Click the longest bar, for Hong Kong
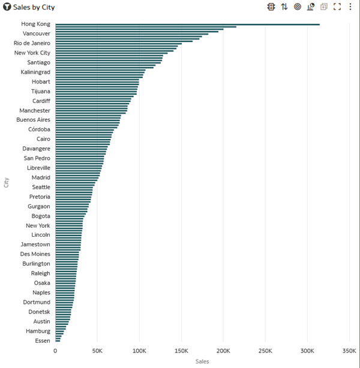[187, 25]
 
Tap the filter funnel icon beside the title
[7, 7]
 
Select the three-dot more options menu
[350, 7]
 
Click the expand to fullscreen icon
[337, 7]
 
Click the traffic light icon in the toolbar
[271, 7]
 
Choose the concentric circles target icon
[298, 7]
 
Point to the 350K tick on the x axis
[349, 351]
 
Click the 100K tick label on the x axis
[139, 351]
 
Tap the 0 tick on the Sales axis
[55, 351]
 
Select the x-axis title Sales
[202, 361]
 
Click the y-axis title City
[7, 182]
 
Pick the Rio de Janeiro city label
[32, 43]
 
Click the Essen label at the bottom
[43, 340]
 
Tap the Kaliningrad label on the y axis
[35, 72]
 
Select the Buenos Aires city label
[34, 120]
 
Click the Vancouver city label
[37, 34]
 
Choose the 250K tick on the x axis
[265, 351]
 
